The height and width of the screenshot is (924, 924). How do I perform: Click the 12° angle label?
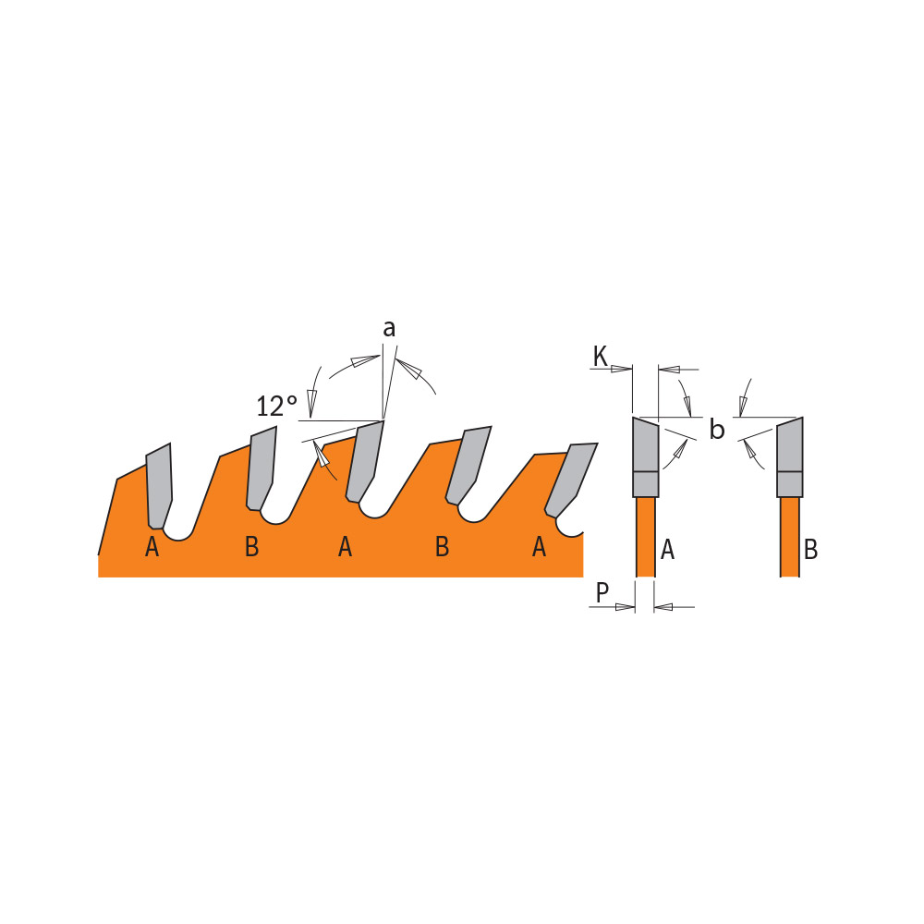(277, 406)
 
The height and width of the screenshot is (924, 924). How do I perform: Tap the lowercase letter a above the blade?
(389, 329)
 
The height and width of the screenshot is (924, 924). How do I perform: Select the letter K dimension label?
(600, 357)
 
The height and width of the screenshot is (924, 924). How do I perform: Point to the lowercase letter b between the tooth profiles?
(717, 429)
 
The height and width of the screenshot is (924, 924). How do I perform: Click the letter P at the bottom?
(602, 592)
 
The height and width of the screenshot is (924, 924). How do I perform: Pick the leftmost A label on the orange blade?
(152, 547)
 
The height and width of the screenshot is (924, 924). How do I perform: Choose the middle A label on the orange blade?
(346, 547)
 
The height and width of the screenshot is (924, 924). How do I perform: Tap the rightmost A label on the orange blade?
(540, 547)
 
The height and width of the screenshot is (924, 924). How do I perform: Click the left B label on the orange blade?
(251, 547)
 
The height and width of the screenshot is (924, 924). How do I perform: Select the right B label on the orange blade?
(442, 547)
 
